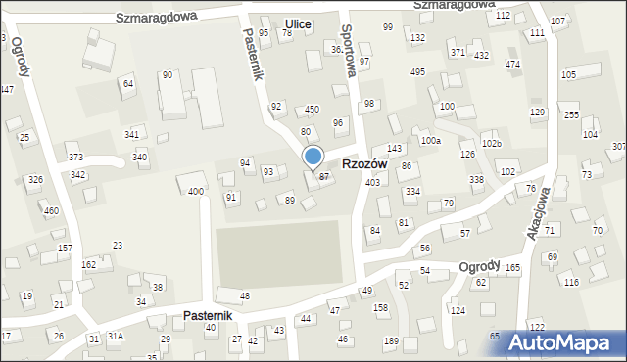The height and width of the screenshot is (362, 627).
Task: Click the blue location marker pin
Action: pos(313,158)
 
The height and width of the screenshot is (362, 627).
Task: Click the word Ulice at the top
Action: pos(297,23)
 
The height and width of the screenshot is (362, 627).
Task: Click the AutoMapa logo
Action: pos(566,342)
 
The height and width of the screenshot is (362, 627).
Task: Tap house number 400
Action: pos(196,191)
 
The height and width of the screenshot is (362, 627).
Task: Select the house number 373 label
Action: pos(75,157)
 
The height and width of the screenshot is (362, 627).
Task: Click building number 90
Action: pos(168,74)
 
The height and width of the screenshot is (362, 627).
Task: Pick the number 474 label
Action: pos(512,64)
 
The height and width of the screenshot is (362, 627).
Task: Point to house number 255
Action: pos(572,114)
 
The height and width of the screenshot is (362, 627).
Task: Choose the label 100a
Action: pos(431,141)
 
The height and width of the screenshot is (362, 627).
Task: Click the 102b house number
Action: pos(492,144)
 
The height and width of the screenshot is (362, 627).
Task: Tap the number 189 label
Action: pos(391,339)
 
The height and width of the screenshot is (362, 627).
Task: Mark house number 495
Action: pos(417,71)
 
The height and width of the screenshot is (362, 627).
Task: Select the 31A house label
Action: pos(116,336)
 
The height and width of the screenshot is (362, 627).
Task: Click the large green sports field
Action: pos(279,254)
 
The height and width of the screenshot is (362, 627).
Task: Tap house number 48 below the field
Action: pos(244,295)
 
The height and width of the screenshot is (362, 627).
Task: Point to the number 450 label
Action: pos(312,109)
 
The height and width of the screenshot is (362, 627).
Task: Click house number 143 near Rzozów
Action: pos(394,148)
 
